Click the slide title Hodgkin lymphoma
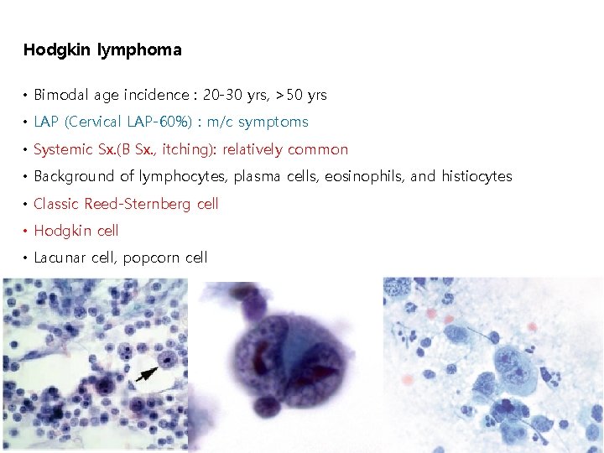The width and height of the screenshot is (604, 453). tap(102, 49)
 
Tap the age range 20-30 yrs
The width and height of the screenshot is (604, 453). tap(243, 95)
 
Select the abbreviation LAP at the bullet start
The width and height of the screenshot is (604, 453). tap(46, 122)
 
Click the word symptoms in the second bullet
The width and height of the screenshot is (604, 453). tap(273, 122)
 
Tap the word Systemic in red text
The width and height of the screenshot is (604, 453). tap(63, 149)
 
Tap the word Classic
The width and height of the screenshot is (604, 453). tap(56, 203)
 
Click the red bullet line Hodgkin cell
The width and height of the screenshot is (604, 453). tap(76, 231)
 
